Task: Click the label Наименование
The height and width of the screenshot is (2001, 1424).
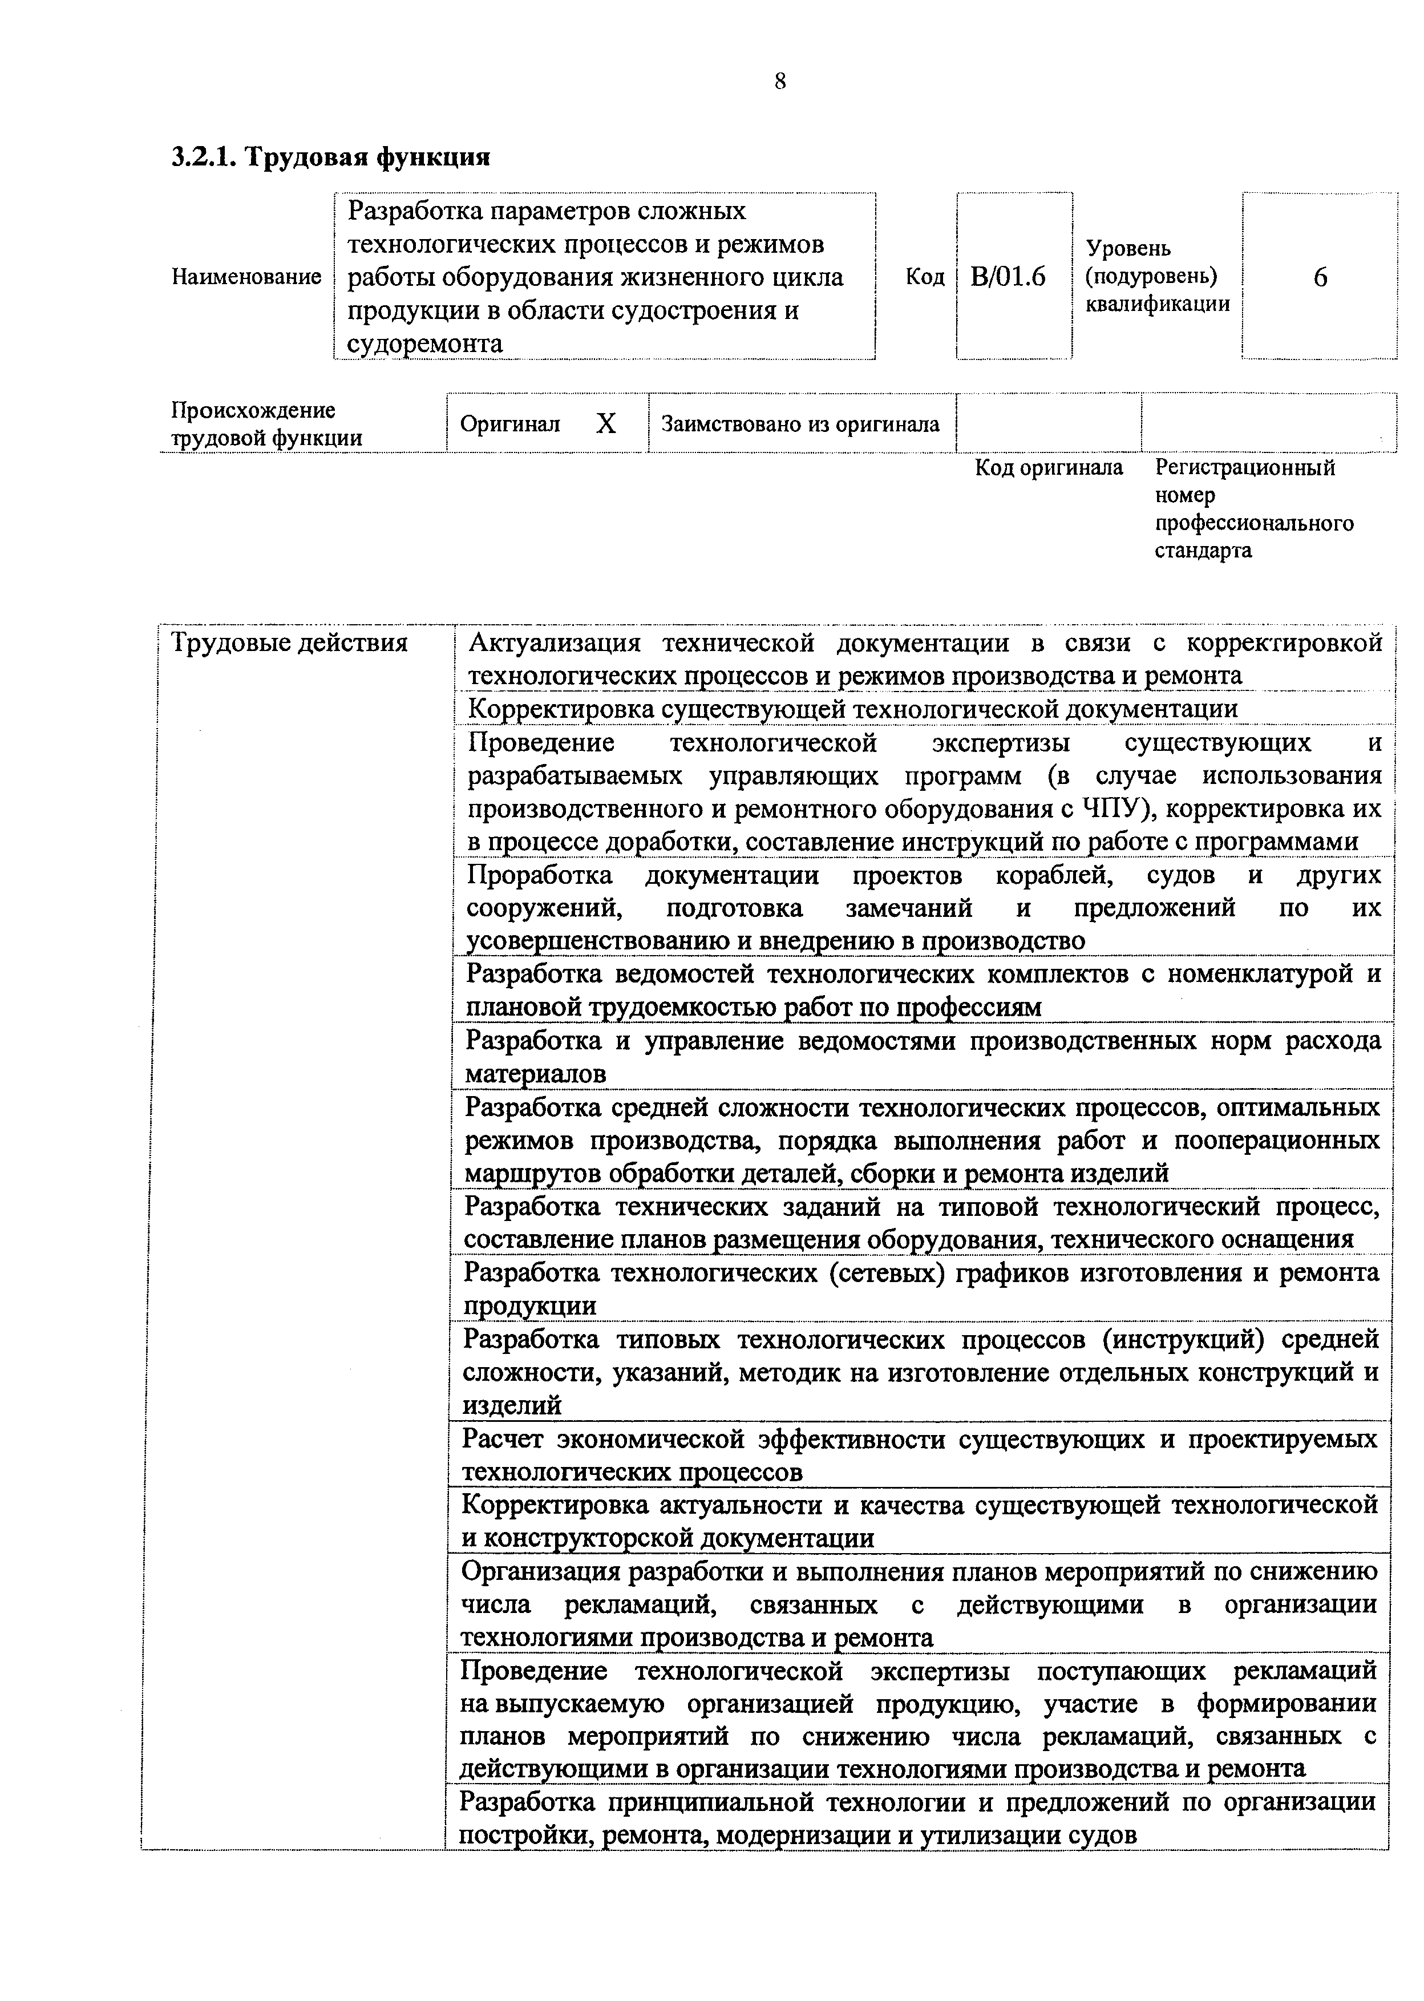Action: click(246, 277)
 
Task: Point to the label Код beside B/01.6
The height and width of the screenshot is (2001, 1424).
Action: click(924, 277)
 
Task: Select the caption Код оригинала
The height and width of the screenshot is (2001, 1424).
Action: click(1049, 467)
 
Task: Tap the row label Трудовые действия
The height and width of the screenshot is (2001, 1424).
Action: click(289, 642)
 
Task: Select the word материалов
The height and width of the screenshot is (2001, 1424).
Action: click(536, 1073)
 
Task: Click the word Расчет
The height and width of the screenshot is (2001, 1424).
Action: click(503, 1439)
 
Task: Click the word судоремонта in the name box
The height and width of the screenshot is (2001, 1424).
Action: click(425, 343)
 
